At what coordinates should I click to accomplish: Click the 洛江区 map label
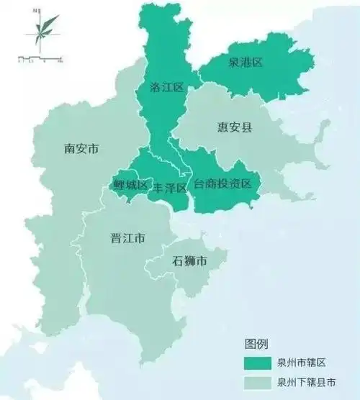[x=167, y=87]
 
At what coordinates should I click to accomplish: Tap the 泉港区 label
[x=245, y=63]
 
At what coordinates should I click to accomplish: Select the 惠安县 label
[x=235, y=127]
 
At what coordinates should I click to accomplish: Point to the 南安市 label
[x=81, y=149]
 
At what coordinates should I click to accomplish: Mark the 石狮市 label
[x=189, y=261]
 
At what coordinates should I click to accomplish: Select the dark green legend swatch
[x=257, y=361]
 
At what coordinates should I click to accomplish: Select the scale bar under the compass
[x=41, y=57]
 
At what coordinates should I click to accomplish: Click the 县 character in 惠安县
[x=247, y=127]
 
